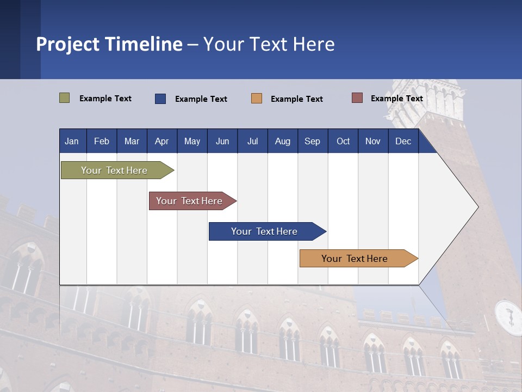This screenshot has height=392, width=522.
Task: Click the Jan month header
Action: click(72, 141)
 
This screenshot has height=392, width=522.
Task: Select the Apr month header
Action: click(161, 141)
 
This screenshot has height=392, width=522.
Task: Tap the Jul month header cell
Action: click(252, 141)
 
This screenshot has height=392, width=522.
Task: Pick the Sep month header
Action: click(312, 141)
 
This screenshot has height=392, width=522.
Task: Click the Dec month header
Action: click(403, 141)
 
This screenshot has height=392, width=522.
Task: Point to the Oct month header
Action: click(343, 141)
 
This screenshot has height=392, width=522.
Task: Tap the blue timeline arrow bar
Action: click(265, 231)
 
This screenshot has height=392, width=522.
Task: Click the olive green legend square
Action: click(65, 98)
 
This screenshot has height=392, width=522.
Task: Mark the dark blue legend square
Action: click(160, 99)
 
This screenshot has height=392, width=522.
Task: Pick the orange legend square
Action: click(257, 99)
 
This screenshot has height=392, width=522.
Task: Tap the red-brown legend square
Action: click(357, 98)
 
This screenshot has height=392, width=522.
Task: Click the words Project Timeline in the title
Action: click(109, 44)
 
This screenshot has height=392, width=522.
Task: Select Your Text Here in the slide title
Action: click(269, 44)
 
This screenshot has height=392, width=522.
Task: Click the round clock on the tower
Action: click(509, 317)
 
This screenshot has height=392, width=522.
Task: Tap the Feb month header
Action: click(102, 141)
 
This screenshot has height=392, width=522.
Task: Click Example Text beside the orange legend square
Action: click(297, 99)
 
